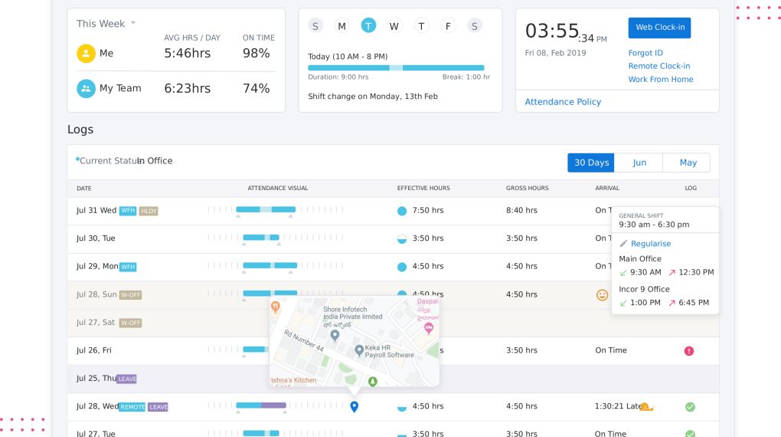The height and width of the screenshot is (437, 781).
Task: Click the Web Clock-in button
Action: [x=659, y=28]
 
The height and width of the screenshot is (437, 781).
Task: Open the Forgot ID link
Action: [x=645, y=53]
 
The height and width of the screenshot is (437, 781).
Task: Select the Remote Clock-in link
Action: [x=659, y=66]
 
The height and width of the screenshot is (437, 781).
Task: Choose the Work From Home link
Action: [x=661, y=79]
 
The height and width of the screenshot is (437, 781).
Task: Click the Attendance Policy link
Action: [x=563, y=102]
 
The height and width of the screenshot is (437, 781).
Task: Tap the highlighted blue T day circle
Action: [x=368, y=26]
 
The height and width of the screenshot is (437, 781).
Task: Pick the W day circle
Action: [x=394, y=26]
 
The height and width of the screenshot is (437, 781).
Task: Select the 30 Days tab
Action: [x=591, y=163]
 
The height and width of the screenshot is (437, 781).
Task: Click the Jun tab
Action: [x=639, y=163]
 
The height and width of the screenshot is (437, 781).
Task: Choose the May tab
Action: [x=688, y=163]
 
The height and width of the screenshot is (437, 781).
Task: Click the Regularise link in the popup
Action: [x=650, y=244]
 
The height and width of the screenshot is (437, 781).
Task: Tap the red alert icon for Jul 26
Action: [x=689, y=350]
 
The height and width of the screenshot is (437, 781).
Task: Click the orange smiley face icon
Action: [x=603, y=294]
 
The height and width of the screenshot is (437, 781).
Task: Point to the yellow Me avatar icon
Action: [x=86, y=54]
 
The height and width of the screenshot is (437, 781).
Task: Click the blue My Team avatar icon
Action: [x=86, y=88]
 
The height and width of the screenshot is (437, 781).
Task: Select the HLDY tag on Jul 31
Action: [x=149, y=211]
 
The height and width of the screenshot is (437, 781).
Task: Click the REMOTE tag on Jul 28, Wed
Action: [x=132, y=407]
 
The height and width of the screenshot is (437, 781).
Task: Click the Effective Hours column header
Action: [x=423, y=188]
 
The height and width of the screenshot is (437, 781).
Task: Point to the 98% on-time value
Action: [x=256, y=54]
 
